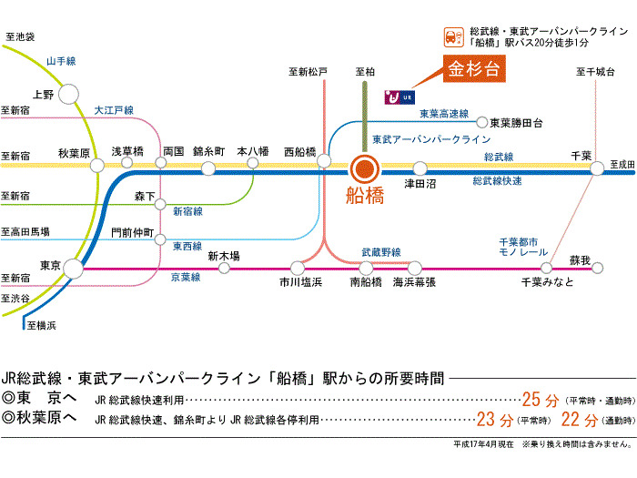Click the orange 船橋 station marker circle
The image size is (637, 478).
[364, 168]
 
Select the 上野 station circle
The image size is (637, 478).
[70, 94]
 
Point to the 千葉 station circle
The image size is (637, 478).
[597, 168]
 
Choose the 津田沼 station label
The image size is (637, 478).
[420, 184]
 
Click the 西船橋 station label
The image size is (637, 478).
[299, 151]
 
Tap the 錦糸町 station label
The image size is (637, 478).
[209, 151]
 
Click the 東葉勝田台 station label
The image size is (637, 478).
[516, 123]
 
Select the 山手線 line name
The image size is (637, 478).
[62, 61]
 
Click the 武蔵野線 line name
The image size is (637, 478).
[381, 251]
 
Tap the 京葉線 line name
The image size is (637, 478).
[186, 277]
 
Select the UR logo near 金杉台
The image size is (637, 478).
[399, 96]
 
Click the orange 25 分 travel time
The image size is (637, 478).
[540, 399]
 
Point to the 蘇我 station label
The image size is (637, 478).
[580, 260]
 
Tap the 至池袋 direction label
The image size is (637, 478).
[19, 37]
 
